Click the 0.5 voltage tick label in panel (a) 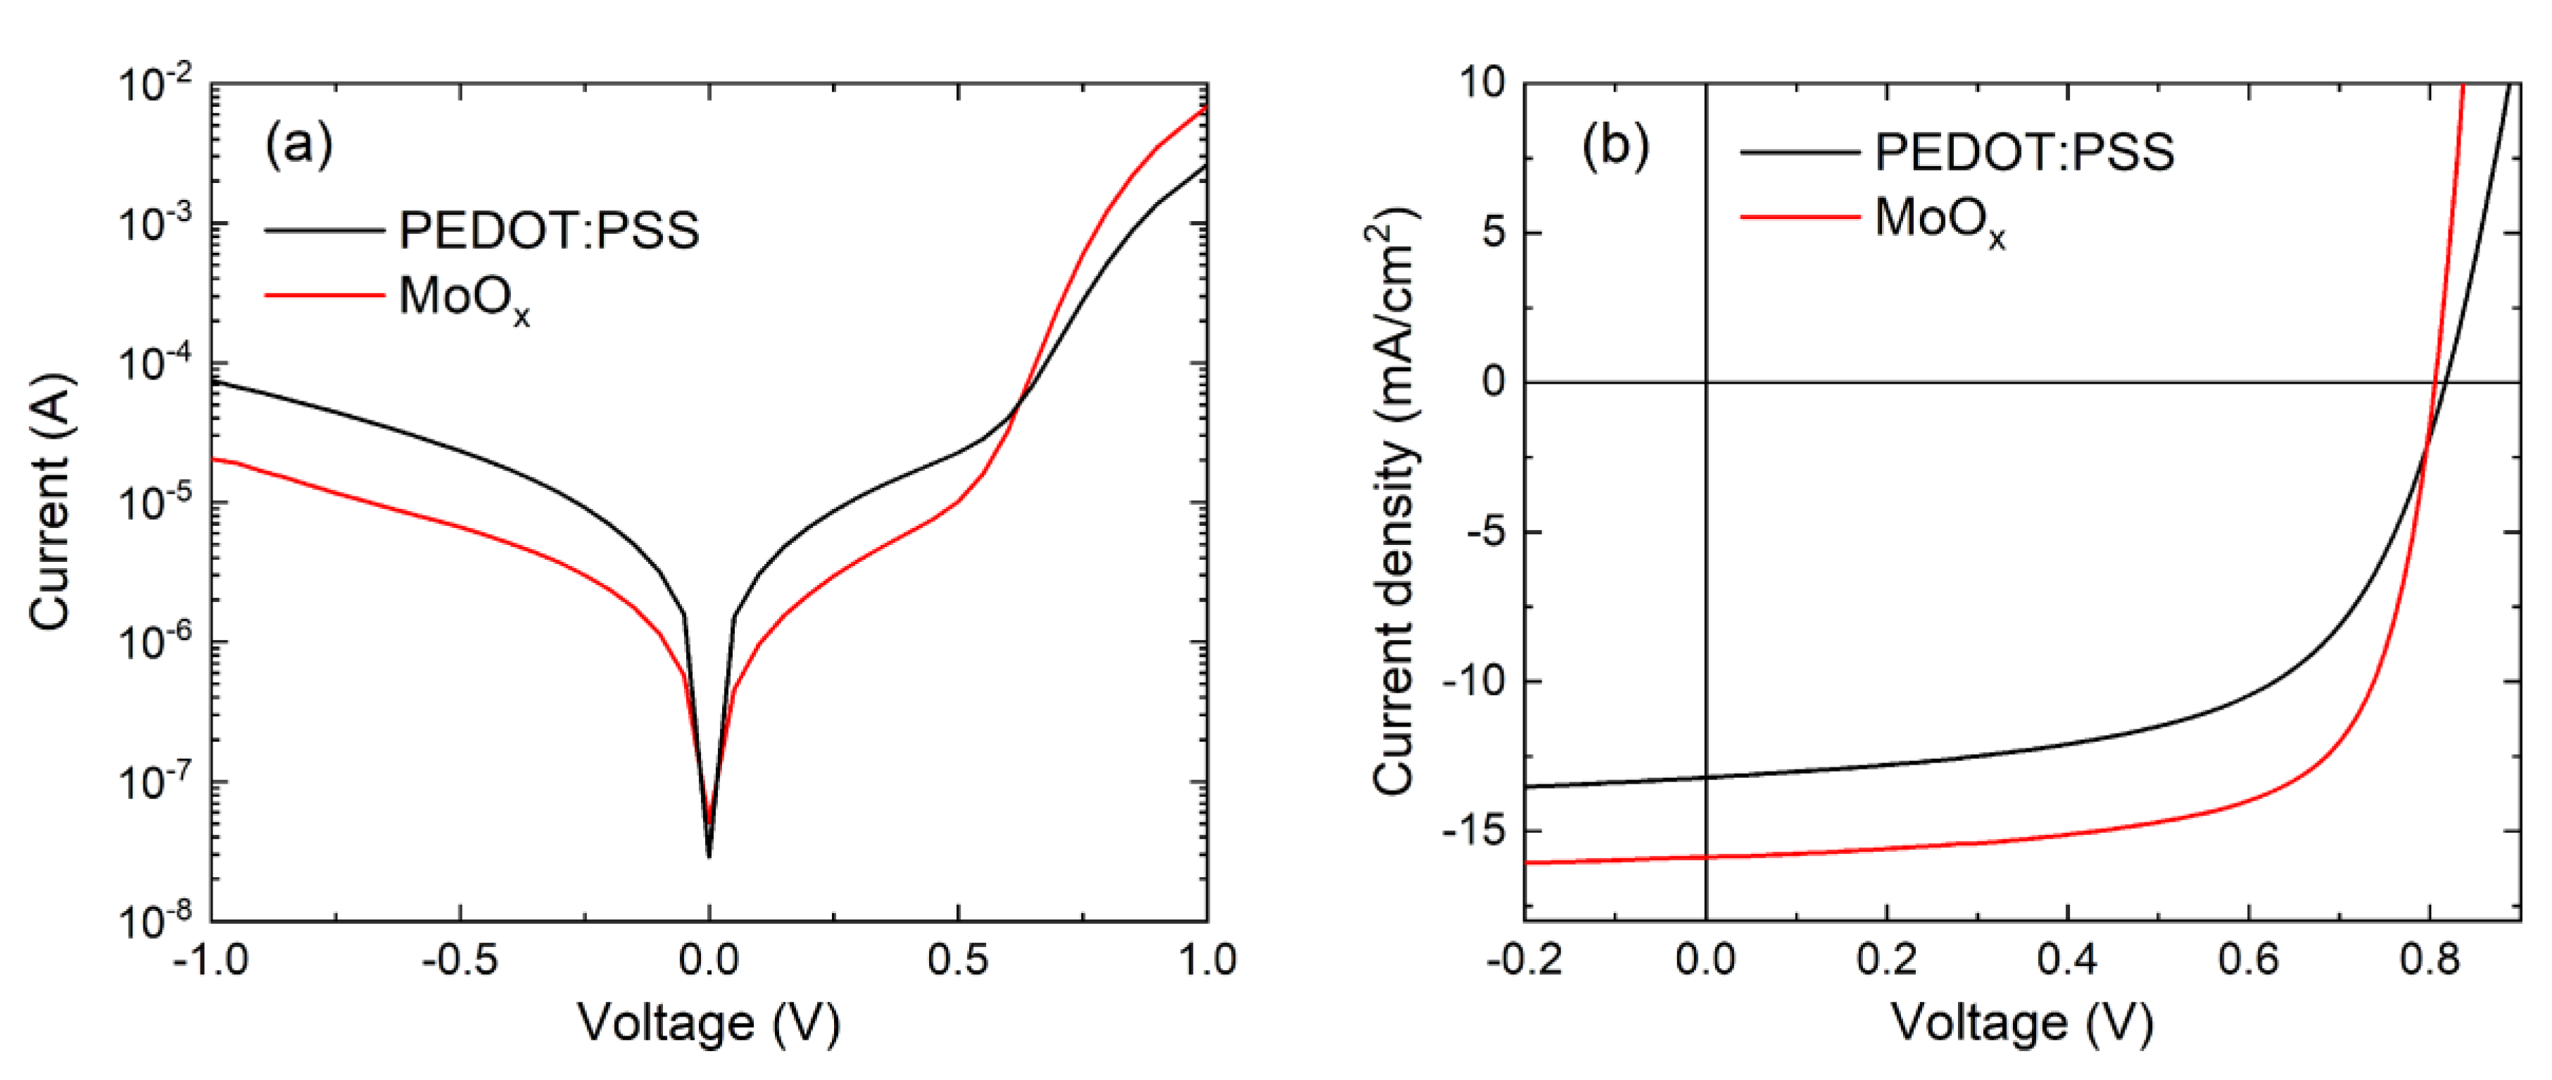[957, 960]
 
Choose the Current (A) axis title [51, 503]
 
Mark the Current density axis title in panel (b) [1395, 503]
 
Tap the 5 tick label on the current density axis [1493, 233]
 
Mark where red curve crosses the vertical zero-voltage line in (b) [1706, 857]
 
